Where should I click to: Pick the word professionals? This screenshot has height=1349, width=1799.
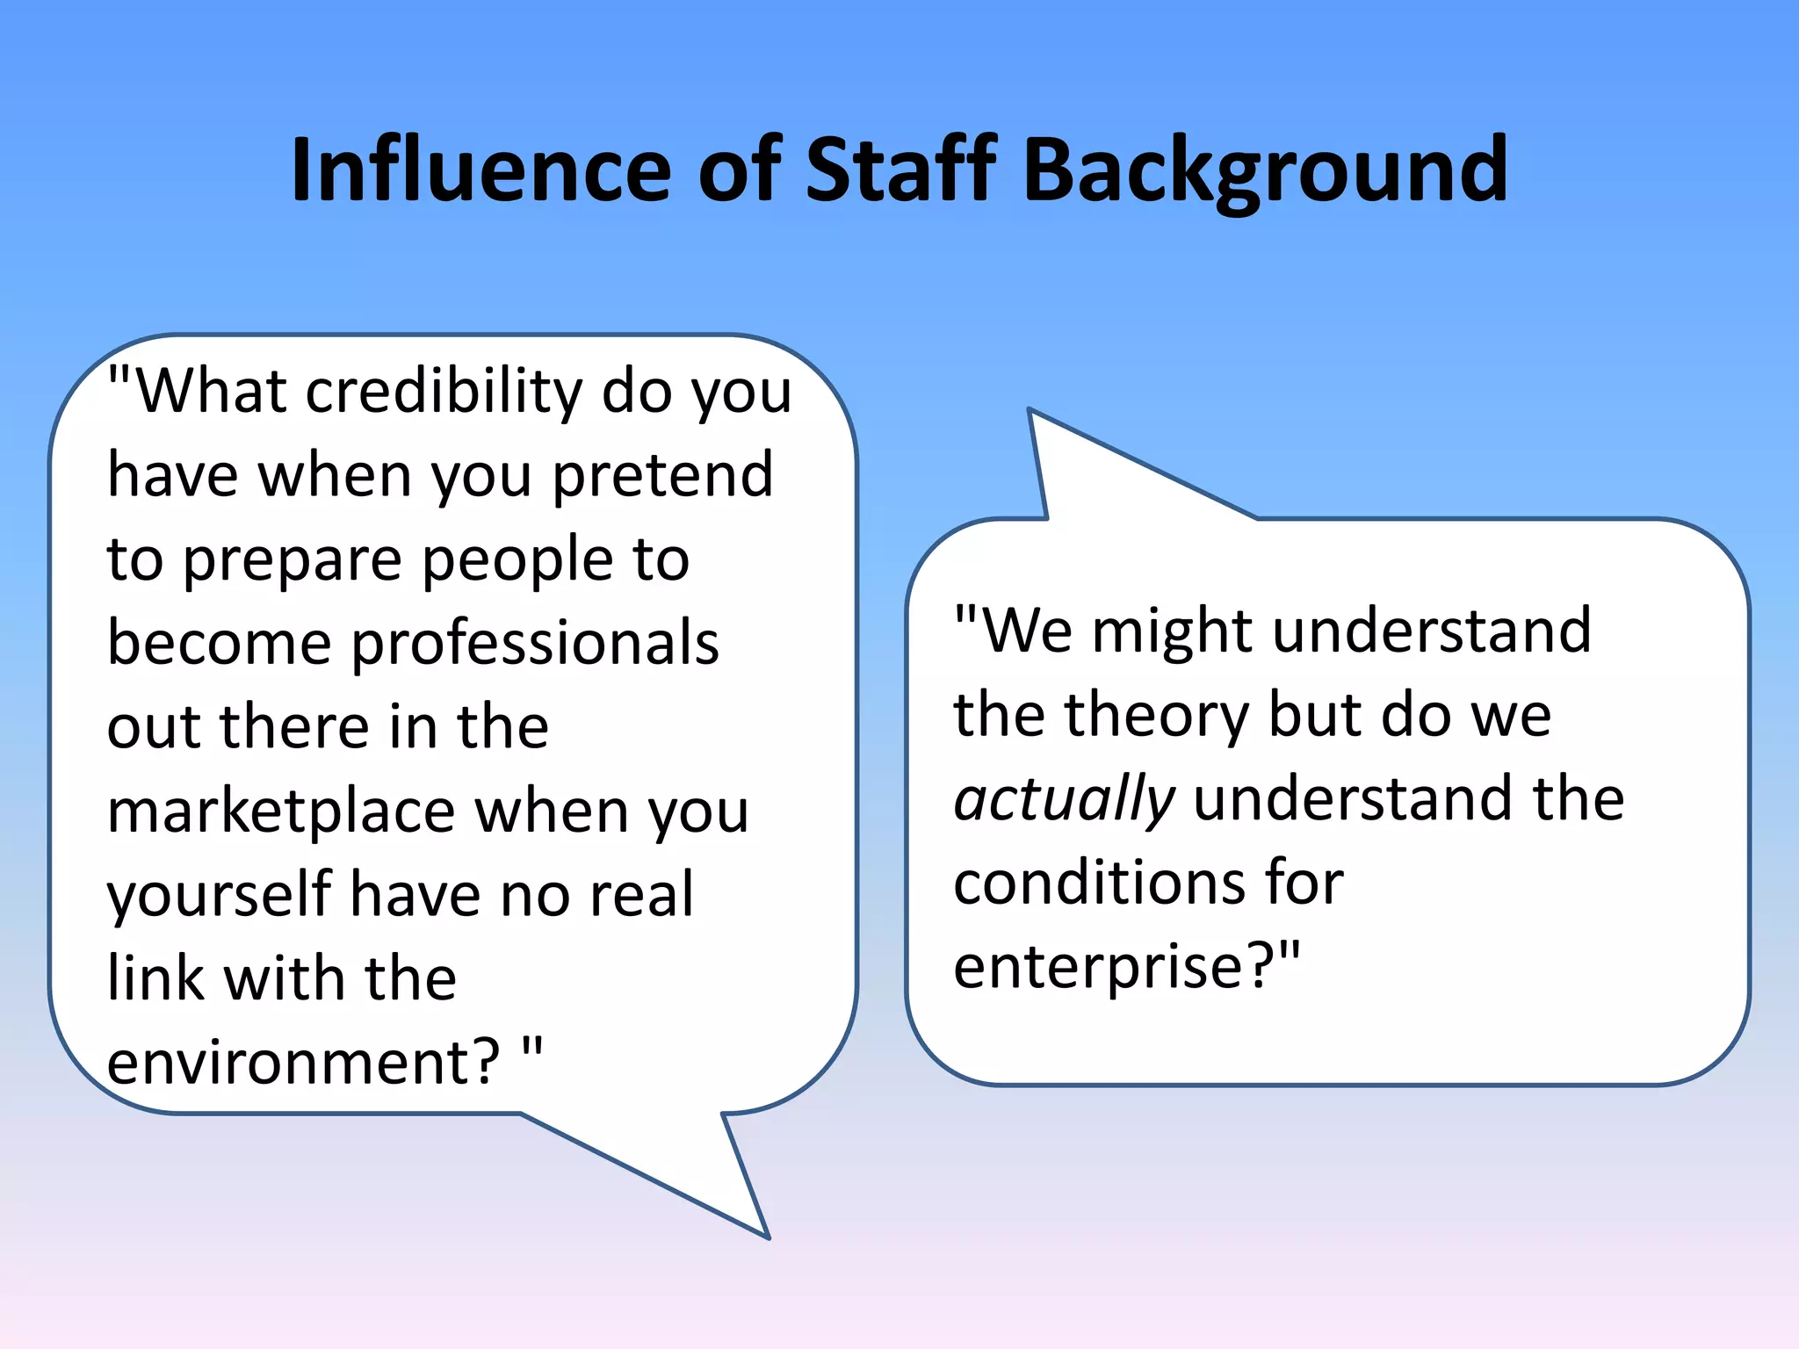tap(535, 644)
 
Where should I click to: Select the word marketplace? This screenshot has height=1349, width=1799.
tap(280, 812)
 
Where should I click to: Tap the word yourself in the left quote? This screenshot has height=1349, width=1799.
tap(219, 896)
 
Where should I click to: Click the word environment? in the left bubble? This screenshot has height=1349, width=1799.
tap(303, 1063)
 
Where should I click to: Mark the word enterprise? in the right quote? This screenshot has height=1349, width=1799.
tap(1116, 968)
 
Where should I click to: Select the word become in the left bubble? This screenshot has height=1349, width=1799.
tap(219, 644)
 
